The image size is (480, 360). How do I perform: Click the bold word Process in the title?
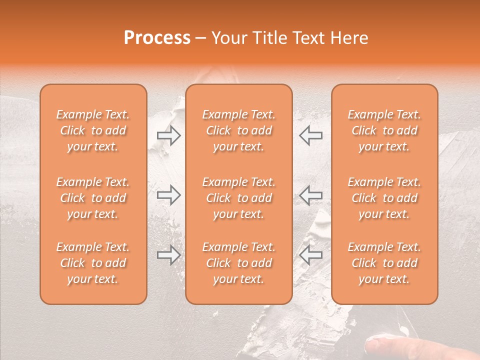coord(157,38)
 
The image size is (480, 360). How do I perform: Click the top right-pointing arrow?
coord(168,135)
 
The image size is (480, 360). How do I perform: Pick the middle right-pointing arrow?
coord(168,195)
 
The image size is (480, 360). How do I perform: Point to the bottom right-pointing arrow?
coord(168,255)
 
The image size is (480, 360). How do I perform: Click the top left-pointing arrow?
coord(311,135)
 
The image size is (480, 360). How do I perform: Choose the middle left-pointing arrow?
coord(311,195)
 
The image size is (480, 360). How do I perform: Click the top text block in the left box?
coord(93,130)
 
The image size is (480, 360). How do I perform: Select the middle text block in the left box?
coord(93,198)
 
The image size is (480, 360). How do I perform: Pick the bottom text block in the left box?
coord(93,263)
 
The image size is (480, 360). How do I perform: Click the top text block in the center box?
coord(238,130)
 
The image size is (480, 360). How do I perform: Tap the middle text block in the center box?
coord(238,198)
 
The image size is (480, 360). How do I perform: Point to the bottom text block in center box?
coord(238,263)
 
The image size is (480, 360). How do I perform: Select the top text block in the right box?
coord(384,130)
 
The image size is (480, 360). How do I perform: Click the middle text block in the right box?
coord(384,198)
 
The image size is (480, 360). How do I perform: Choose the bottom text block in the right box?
coord(384,263)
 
